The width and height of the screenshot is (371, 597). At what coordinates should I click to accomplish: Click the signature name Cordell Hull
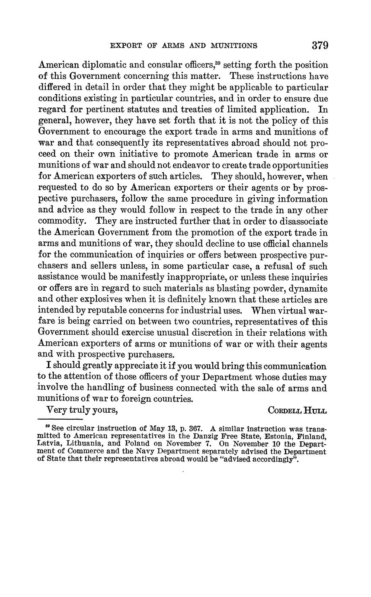click(297, 410)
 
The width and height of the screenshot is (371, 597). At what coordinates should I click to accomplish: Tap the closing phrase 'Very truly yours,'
click(82, 410)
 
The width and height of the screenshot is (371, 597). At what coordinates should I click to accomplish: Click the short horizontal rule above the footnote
click(61, 420)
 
